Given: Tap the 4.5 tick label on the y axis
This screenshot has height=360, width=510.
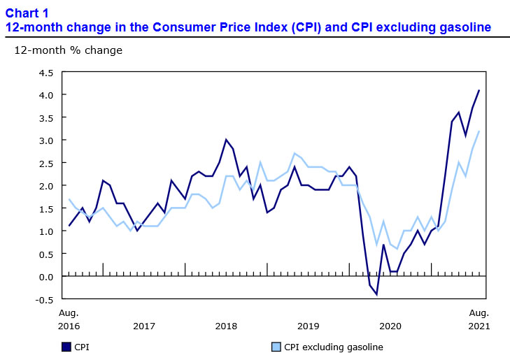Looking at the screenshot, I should (46, 72).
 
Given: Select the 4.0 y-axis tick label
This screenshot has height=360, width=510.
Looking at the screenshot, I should (46, 94).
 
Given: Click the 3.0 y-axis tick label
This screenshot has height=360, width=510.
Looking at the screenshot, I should (46, 140).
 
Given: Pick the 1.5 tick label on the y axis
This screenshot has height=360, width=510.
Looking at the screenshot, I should (46, 208).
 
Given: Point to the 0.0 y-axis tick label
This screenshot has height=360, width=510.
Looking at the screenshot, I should (46, 277).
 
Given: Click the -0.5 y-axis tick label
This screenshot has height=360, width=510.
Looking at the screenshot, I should (45, 299).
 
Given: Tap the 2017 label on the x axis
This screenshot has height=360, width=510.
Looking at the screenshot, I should (144, 326).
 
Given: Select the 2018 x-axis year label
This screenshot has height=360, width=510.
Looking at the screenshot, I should (226, 326).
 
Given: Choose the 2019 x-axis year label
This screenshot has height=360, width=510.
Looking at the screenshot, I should (309, 326).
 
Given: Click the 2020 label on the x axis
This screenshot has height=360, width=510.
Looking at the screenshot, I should (390, 326).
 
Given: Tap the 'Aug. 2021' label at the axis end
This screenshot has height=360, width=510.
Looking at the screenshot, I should (479, 319).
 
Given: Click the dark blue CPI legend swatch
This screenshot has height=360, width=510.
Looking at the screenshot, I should (66, 346).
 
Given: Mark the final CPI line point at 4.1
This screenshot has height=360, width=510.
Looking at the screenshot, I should (479, 90).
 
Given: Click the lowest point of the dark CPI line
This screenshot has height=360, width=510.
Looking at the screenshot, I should (376, 294).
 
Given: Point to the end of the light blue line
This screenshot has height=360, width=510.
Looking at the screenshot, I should (479, 131).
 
